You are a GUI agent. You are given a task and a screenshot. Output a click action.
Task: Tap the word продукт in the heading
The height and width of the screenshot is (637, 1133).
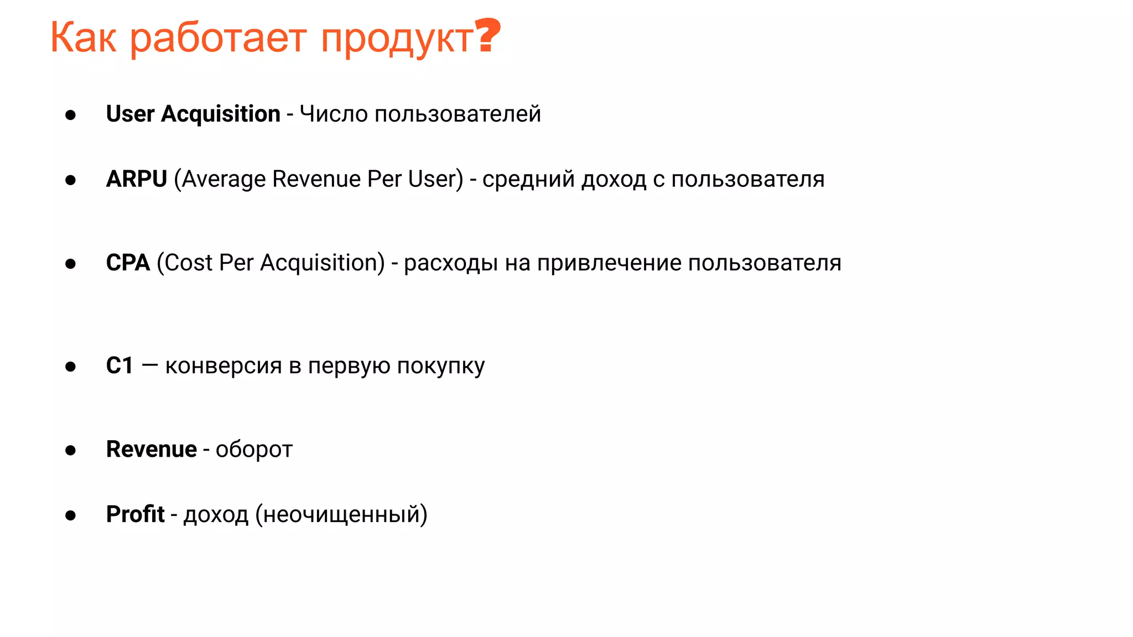397,40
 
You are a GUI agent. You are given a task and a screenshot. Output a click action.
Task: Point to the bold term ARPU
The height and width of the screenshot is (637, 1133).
136,179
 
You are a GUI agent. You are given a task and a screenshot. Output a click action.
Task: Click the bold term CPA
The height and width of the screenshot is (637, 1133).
128,263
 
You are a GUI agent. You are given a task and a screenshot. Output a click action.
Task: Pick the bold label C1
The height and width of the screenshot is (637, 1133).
119,366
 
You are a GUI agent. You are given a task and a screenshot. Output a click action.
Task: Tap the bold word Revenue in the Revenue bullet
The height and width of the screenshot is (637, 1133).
151,449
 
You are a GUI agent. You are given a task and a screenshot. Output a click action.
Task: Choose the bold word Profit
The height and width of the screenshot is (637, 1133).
135,514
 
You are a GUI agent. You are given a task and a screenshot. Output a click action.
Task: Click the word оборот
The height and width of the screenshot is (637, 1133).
254,450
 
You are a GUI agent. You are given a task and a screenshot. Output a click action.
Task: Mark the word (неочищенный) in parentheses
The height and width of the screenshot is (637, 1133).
341,515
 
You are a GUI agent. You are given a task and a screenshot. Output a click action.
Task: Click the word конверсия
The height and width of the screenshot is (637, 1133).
224,366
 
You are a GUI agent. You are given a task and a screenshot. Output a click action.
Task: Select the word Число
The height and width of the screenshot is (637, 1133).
334,114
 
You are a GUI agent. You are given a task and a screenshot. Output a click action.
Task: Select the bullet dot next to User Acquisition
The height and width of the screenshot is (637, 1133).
70,115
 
